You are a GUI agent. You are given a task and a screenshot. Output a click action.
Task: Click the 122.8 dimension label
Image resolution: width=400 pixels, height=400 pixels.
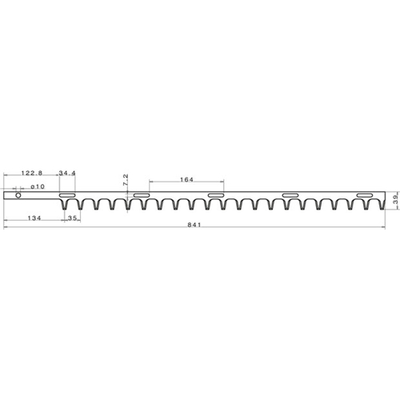32,173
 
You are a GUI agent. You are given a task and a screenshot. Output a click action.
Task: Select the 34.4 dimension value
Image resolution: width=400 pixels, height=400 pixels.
67,173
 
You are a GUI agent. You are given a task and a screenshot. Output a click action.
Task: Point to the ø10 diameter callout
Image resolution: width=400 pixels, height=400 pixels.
38,186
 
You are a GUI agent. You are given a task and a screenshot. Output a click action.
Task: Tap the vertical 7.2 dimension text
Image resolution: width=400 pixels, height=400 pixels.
126,180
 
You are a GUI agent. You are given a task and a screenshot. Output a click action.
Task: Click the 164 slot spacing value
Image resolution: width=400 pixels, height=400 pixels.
186,180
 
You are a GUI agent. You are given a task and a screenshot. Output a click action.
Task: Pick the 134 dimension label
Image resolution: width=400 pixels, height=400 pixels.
34,218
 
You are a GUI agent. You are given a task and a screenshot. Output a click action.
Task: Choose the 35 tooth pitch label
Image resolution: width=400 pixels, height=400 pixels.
73,218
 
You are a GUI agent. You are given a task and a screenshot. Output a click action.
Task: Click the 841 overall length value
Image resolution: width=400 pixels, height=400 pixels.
194,225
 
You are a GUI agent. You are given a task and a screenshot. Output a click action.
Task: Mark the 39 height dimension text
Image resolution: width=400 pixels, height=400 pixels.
396,199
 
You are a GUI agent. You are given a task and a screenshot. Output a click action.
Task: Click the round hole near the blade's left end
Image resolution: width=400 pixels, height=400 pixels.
18,195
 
